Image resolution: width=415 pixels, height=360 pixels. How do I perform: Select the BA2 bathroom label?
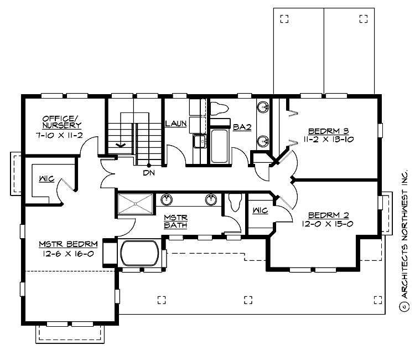point(242,127)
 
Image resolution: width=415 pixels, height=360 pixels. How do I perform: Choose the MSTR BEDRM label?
point(69,244)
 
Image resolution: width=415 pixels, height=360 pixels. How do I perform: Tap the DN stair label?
point(148,173)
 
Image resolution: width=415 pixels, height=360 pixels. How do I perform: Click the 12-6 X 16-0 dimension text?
point(69,254)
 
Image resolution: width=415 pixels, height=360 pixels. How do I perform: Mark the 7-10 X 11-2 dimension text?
point(61,135)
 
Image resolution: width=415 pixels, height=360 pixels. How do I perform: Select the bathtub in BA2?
point(220,146)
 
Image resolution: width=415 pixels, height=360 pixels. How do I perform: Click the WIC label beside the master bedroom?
point(45,179)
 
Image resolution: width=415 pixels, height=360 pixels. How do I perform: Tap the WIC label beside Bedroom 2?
point(260,210)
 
